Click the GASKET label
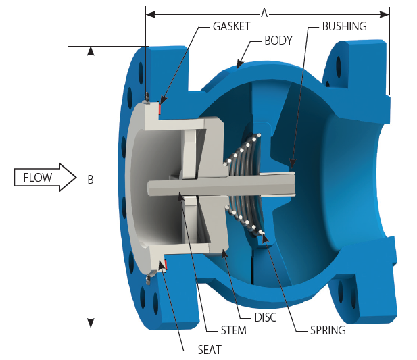pyautogui.click(x=231, y=26)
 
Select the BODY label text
pyautogui.click(x=278, y=41)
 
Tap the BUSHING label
pyautogui.click(x=344, y=26)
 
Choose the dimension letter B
pyautogui.click(x=90, y=180)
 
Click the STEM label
pyautogui.click(x=233, y=331)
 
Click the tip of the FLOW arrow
pyautogui.click(x=78, y=177)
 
